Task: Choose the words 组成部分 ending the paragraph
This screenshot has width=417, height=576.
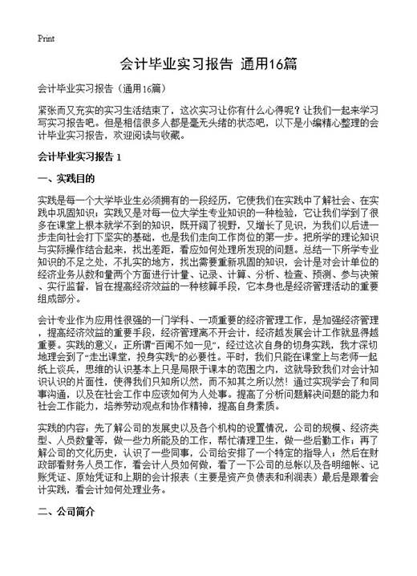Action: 55,271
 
